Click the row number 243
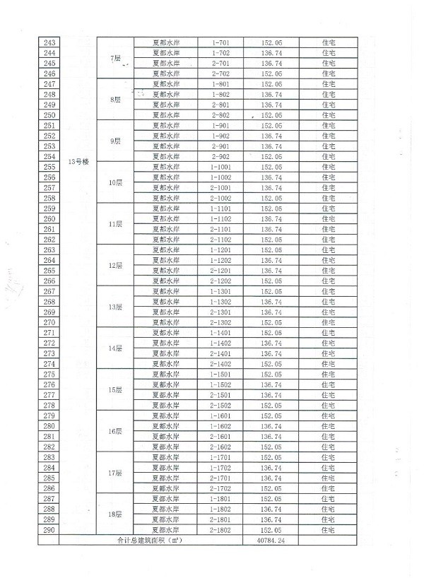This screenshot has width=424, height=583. pos(50,42)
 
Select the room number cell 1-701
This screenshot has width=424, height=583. pos(221,42)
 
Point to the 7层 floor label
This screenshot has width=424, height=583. pos(117,58)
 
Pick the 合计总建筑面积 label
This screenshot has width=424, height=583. pos(150,541)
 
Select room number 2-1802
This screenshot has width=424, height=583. pos(221,530)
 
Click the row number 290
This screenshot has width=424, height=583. pos(50,530)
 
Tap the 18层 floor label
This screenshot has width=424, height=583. pos(116,514)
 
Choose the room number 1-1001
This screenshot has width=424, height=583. pos(221,167)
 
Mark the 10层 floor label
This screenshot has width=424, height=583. pos(116,182)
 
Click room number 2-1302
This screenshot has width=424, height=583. pos(221,322)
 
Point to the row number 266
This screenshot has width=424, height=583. pos(50,281)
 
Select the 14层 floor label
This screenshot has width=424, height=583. pos(116,348)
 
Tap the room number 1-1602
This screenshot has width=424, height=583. pos(221,426)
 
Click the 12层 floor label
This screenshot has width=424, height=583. pos(116,266)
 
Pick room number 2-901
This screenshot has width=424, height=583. pos(221,146)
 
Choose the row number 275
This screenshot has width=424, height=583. pos(50,374)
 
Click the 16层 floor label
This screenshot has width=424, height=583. pos(116,431)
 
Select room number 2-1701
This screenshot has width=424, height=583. pos(221,478)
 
